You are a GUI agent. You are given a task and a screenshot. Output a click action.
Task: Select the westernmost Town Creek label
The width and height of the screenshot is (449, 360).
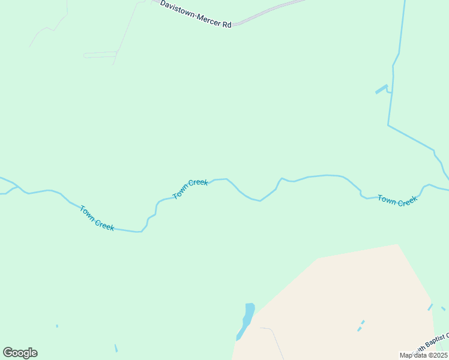pyautogui.click(x=97, y=218)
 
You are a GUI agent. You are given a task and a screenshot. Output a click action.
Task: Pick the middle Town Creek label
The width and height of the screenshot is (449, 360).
pyautogui.click(x=190, y=188)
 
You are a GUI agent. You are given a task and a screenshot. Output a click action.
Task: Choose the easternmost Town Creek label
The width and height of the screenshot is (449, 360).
pyautogui.click(x=397, y=200)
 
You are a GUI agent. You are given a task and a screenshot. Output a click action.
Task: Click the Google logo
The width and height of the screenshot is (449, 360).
pyautogui.click(x=20, y=353)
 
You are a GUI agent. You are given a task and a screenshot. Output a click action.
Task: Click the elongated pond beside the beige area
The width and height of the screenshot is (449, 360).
pyautogui.click(x=247, y=319)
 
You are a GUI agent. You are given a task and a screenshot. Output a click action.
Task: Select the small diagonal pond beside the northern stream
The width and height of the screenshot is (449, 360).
pyautogui.click(x=381, y=89)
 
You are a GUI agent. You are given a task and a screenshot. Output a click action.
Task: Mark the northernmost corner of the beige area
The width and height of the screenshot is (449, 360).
pyautogui.click(x=397, y=244)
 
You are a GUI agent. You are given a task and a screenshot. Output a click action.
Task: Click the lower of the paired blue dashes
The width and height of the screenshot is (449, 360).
pyautogui.click(x=360, y=329)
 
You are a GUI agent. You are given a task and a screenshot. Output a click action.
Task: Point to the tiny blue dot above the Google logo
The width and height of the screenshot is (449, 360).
pyautogui.click(x=57, y=326)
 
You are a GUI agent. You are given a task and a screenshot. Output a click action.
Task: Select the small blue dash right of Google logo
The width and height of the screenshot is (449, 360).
pyautogui.click(x=116, y=348)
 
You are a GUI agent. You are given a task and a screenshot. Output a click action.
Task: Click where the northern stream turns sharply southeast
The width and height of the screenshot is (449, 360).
pyautogui.click(x=388, y=125)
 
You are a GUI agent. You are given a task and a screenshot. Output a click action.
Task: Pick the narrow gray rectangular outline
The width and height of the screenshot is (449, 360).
pyautogui.click(x=100, y=55)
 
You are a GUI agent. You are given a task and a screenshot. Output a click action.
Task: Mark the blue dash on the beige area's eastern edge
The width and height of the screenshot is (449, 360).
pyautogui.click(x=430, y=307)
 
